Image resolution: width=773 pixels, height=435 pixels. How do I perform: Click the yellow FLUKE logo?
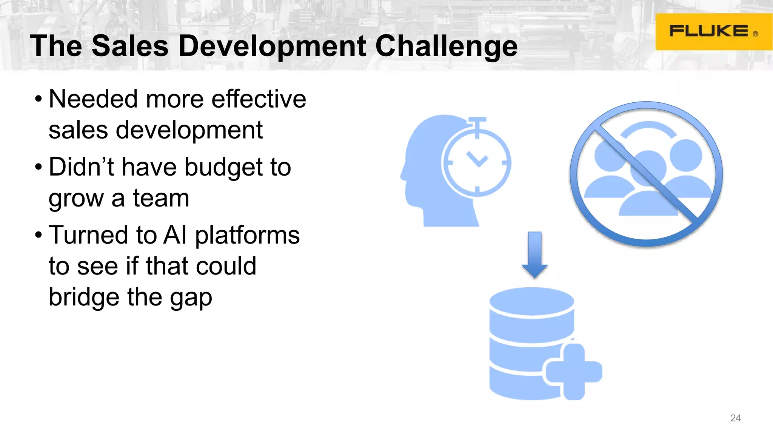pyautogui.click(x=713, y=32)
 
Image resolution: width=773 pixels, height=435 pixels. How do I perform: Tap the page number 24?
pyautogui.click(x=735, y=418)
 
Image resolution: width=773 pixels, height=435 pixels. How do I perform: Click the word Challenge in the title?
pyautogui.click(x=447, y=46)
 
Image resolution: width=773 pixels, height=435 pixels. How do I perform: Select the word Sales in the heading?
pyautogui.click(x=130, y=46)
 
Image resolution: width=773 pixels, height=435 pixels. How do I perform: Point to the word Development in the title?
pyautogui.click(x=272, y=46)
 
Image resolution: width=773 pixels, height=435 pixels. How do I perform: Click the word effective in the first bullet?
pyautogui.click(x=259, y=99)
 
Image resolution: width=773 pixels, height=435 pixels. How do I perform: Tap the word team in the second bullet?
pyautogui.click(x=161, y=198)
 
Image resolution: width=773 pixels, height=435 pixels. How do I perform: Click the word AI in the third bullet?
pyautogui.click(x=175, y=235)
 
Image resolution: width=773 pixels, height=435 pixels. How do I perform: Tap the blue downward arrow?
pyautogui.click(x=534, y=255)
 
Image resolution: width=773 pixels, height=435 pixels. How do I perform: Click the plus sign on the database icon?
pyautogui.click(x=574, y=372)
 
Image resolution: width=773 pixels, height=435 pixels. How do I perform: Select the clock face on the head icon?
pyautogui.click(x=477, y=162)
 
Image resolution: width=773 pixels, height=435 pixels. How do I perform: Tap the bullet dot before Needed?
pyautogui.click(x=38, y=99)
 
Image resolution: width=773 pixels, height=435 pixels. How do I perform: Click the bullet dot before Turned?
pyautogui.click(x=38, y=235)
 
